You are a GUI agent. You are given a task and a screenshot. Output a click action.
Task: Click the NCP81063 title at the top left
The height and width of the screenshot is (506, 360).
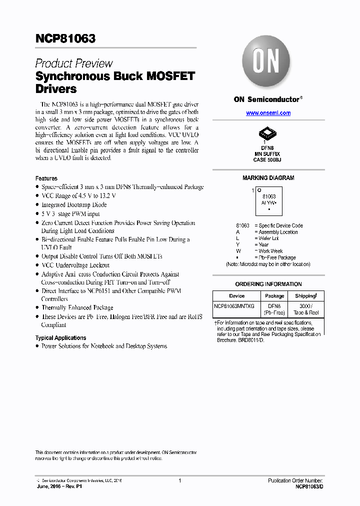[65, 38]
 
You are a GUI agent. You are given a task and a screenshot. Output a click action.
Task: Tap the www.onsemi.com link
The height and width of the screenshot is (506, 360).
[268, 113]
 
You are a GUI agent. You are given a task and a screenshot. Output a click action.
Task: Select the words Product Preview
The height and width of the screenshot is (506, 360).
[74, 63]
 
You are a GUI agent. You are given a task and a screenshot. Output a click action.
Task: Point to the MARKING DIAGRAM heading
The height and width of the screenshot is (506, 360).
[268, 178]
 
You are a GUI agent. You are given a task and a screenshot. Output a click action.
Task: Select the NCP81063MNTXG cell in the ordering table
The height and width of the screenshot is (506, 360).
[234, 305]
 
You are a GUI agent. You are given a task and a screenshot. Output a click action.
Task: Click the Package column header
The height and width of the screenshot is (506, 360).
[274, 296]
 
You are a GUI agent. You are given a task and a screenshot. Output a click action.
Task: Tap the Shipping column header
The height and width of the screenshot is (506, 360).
[305, 296]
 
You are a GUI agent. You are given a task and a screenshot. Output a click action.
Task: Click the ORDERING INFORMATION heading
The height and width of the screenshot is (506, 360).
[268, 284]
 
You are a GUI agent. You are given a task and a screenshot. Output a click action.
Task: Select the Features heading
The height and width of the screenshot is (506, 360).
[46, 178]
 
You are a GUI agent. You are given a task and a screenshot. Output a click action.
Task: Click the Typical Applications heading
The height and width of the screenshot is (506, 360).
[60, 338]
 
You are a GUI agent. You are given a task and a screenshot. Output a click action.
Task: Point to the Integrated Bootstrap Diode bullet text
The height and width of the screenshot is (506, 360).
[74, 205]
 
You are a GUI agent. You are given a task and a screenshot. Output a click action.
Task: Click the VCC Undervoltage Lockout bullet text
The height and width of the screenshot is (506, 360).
[75, 265]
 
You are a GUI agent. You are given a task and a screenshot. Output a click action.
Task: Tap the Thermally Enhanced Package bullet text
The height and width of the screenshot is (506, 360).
[77, 307]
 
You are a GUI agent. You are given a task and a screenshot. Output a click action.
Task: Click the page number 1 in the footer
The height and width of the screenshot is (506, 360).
[179, 480]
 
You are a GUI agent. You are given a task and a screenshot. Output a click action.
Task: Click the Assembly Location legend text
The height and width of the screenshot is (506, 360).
[278, 232]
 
